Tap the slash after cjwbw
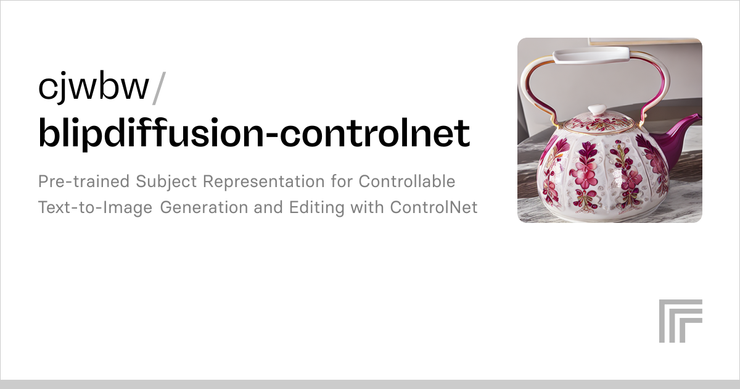pyautogui.click(x=158, y=88)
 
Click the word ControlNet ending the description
pyautogui.click(x=434, y=207)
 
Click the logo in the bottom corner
pyautogui.click(x=680, y=321)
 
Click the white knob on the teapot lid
pyautogui.click(x=596, y=111)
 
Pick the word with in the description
pyautogui.click(x=368, y=207)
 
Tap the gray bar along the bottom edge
pyautogui.click(x=370, y=384)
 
